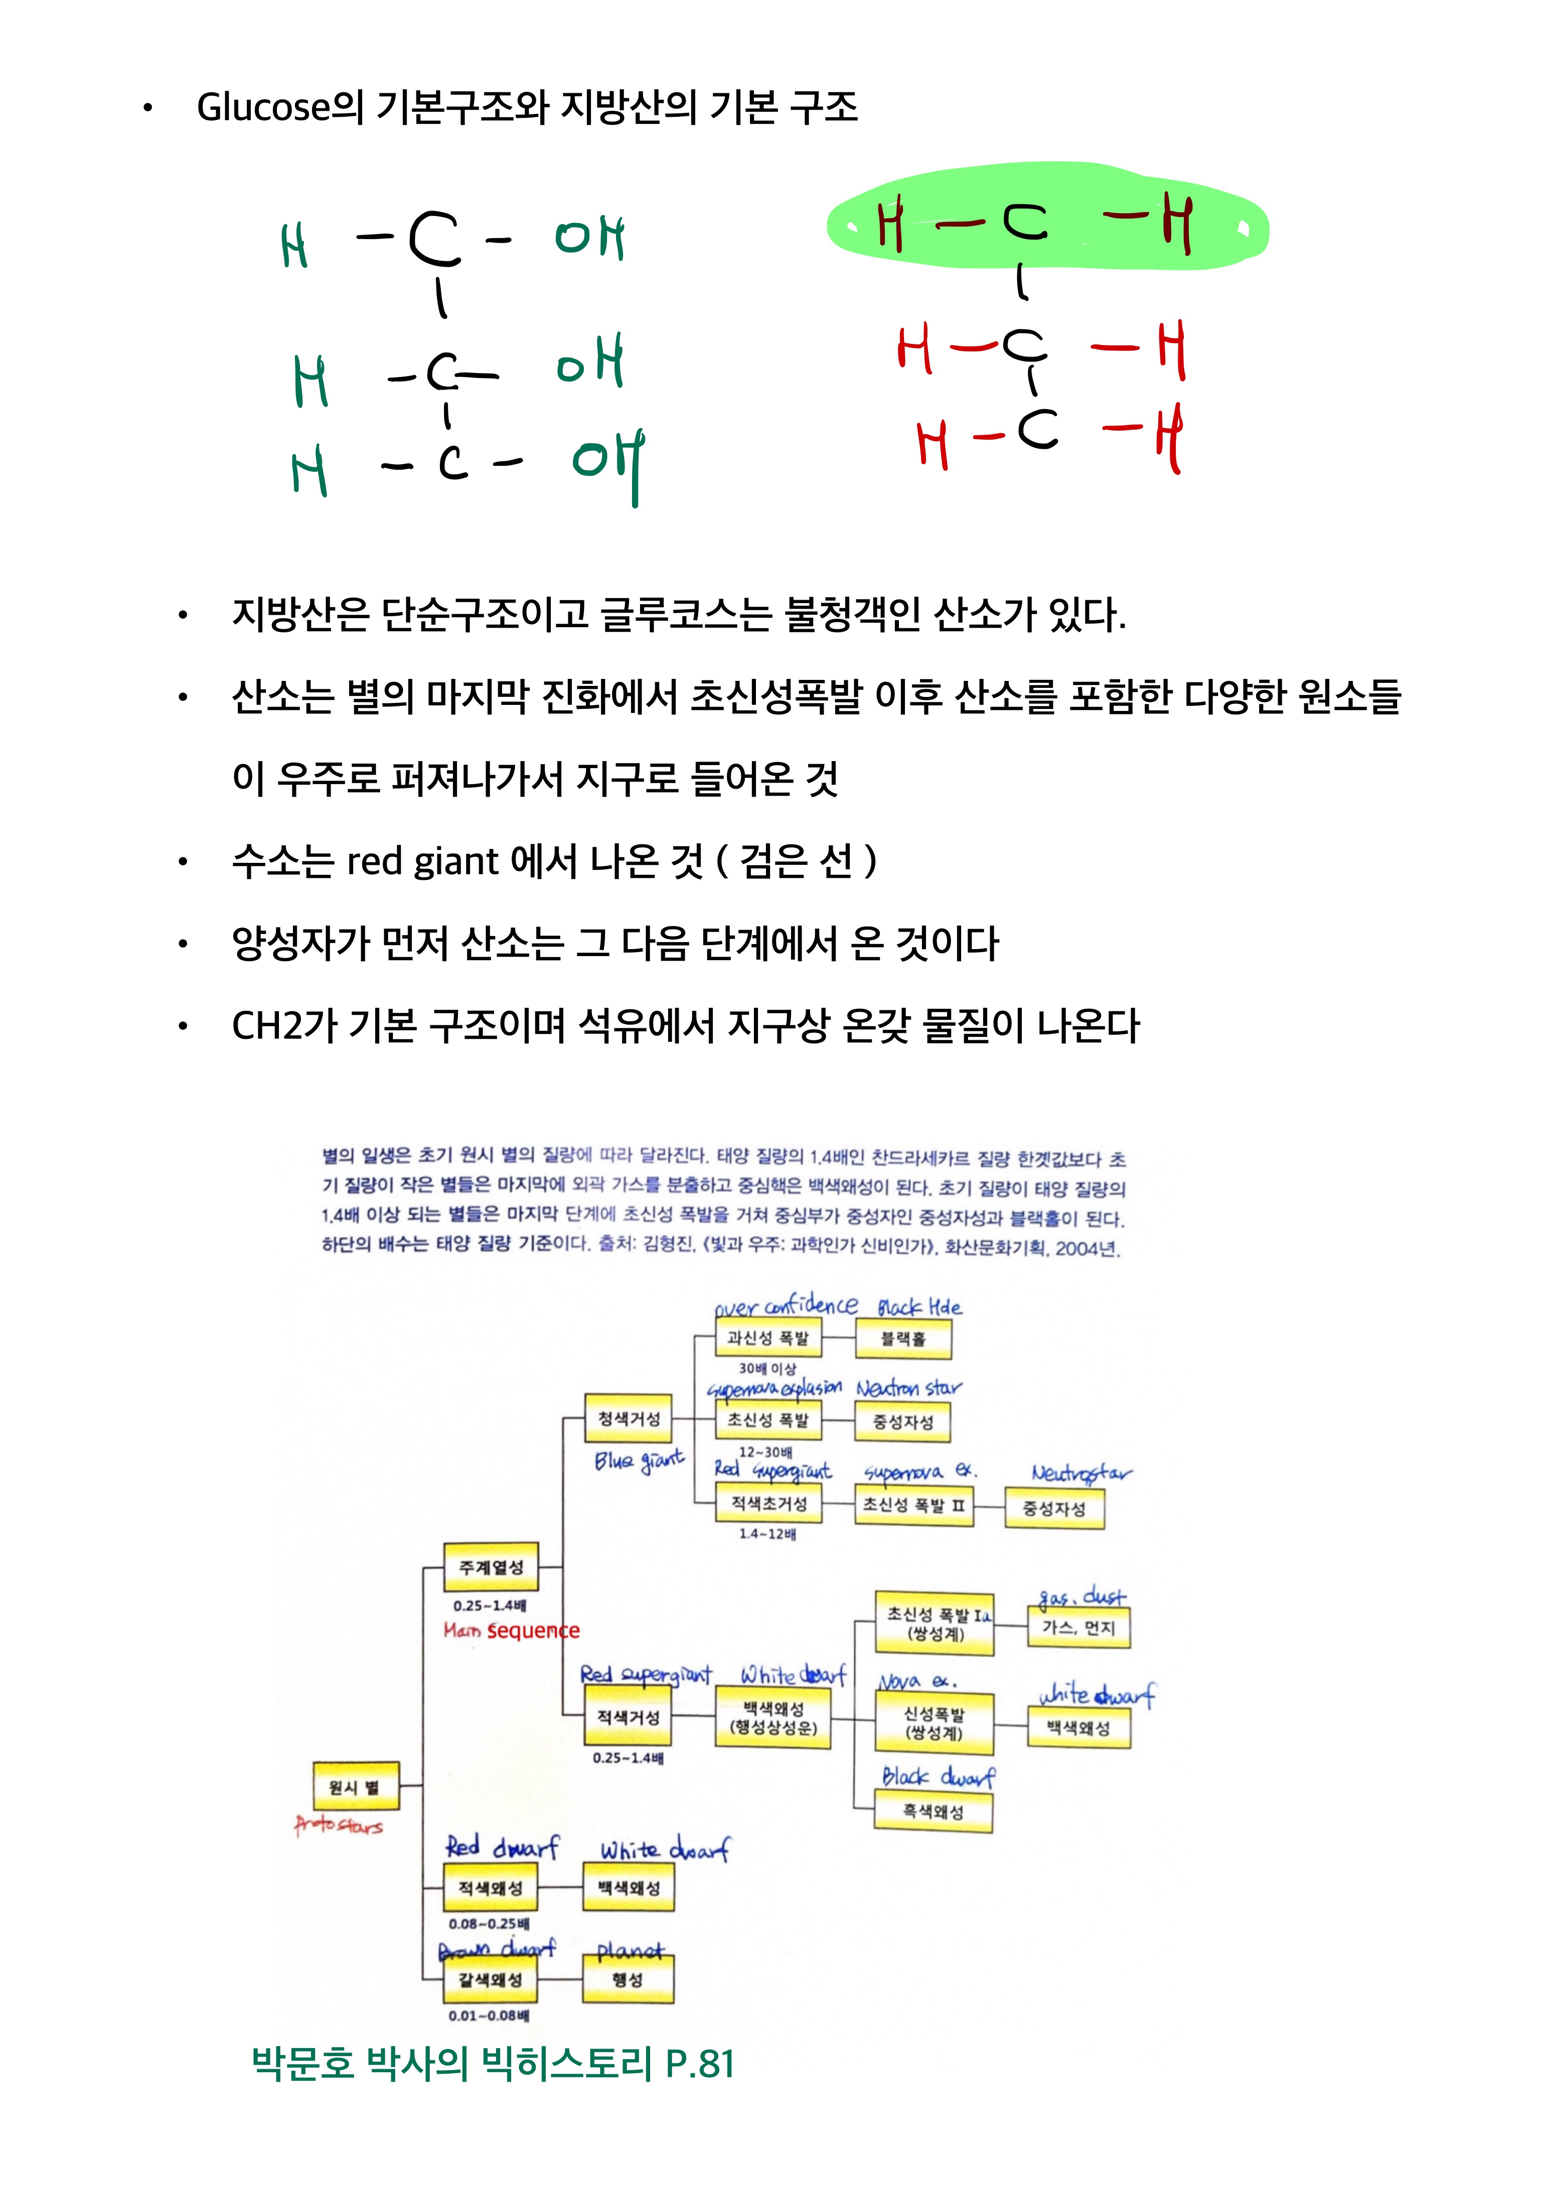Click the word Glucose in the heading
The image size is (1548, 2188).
tap(262, 107)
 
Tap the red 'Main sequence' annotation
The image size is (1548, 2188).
tap(511, 1630)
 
